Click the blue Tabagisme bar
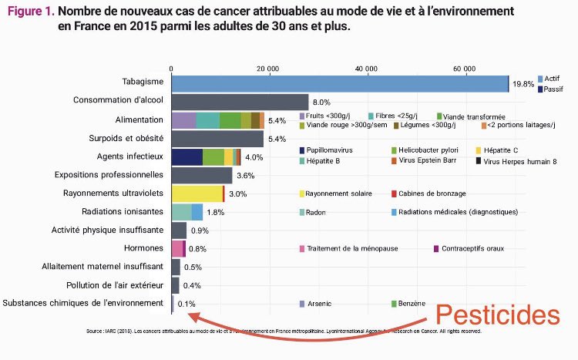pos(339,83)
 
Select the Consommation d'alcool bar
pos(240,102)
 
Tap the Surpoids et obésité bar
pos(217,139)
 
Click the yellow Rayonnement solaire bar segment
pos(197,193)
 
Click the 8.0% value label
pos(321,102)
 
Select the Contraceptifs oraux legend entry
pos(472,248)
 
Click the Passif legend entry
pos(553,89)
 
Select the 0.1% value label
pos(186,304)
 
